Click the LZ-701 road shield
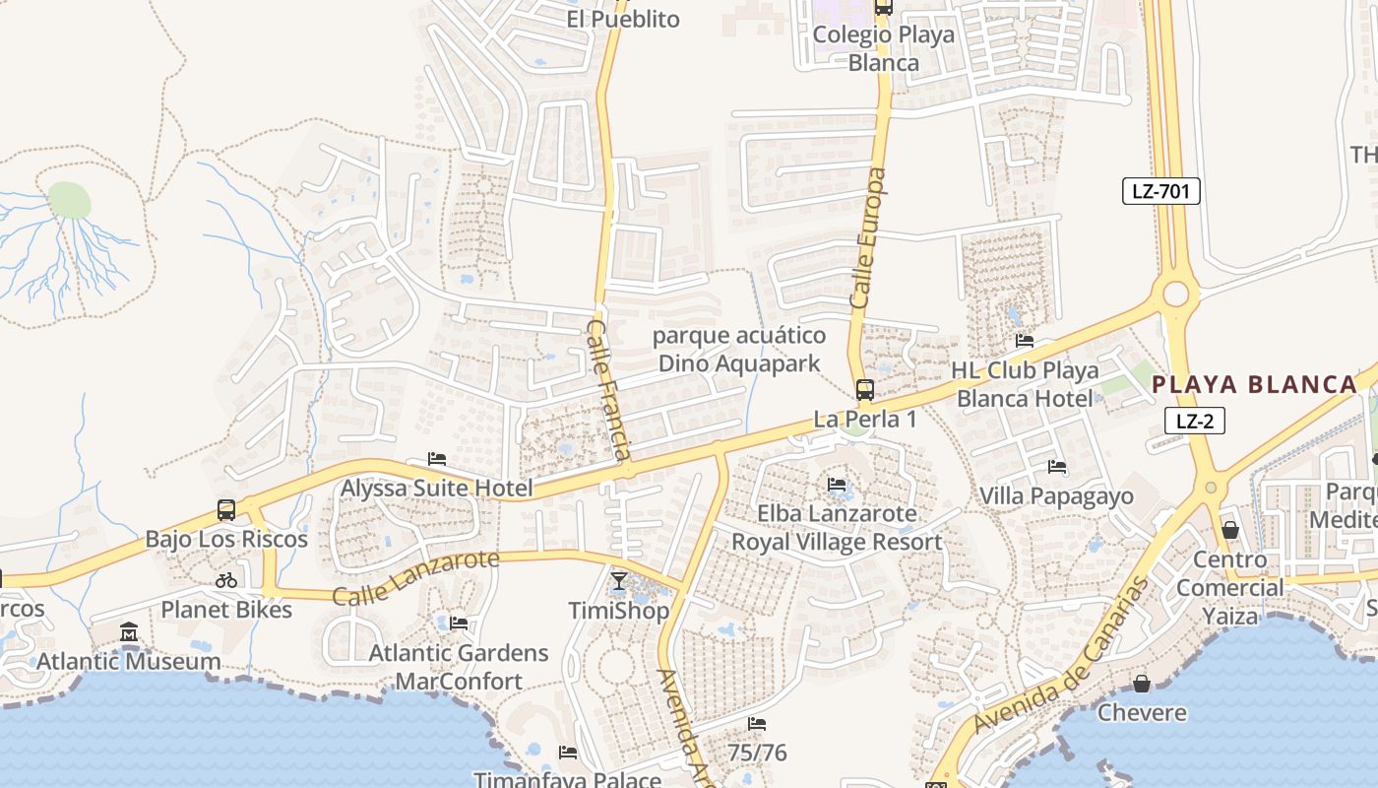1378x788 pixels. tap(1160, 191)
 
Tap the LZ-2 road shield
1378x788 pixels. tap(1194, 421)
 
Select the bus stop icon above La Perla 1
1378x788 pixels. tap(864, 390)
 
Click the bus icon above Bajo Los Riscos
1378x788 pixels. tap(225, 510)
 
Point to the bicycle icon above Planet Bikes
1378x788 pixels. tap(225, 580)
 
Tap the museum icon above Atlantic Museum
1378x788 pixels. tap(128, 631)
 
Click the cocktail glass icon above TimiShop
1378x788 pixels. tap(618, 581)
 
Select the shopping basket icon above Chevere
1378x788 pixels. tap(1141, 683)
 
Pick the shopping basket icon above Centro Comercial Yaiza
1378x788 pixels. tap(1229, 530)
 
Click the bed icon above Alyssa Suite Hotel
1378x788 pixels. tap(437, 459)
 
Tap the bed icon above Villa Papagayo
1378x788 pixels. tap(1057, 467)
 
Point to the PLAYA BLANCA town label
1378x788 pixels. tap(1254, 384)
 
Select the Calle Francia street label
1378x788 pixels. tap(608, 388)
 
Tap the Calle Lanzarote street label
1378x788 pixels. tap(415, 579)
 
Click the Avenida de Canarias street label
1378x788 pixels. tap(1063, 654)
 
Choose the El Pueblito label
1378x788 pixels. tap(622, 19)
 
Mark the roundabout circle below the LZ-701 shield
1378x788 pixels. tap(1175, 294)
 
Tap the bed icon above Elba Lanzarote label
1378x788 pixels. tap(837, 484)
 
